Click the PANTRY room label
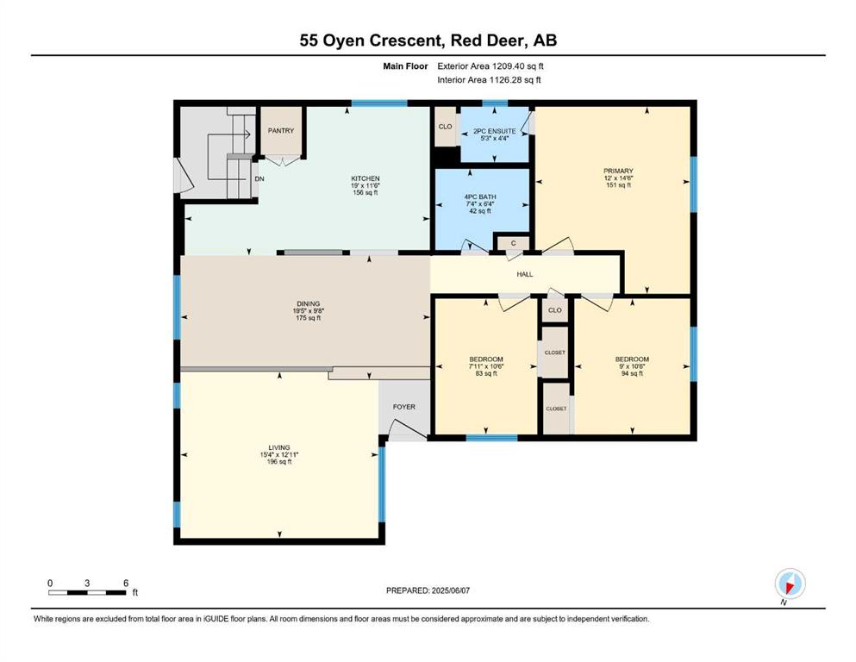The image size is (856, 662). click(x=281, y=131)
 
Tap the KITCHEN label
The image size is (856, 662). click(x=366, y=178)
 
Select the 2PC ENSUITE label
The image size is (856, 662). click(x=495, y=132)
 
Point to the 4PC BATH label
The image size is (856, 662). click(x=480, y=197)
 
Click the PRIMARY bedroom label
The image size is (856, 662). click(x=619, y=171)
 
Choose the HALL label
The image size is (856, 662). click(x=525, y=274)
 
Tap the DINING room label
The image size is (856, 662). click(x=309, y=304)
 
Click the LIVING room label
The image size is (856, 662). click(x=279, y=447)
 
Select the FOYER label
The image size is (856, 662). click(x=404, y=407)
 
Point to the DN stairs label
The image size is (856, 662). click(x=259, y=178)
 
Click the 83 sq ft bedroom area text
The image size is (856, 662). click(x=486, y=373)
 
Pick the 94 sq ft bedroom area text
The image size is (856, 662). click(x=632, y=373)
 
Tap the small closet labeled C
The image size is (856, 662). click(x=513, y=243)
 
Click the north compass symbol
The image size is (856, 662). click(x=790, y=584)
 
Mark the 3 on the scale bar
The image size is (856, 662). click(x=87, y=583)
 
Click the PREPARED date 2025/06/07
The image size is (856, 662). click(x=450, y=590)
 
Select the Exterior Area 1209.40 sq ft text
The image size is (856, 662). click(x=490, y=66)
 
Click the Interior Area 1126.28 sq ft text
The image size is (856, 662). click(x=489, y=79)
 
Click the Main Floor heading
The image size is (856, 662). click(x=405, y=66)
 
